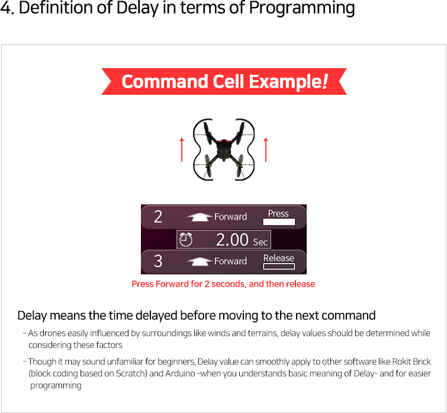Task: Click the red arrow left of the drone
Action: [182, 150]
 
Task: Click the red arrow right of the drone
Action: [266, 150]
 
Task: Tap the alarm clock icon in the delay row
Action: [185, 239]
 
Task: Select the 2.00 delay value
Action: [232, 239]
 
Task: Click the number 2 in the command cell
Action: [158, 217]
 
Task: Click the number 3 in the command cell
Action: [158, 261]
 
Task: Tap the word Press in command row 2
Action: [278, 214]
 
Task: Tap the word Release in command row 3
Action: [278, 258]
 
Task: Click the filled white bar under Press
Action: [279, 222]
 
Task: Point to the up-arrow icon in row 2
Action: [200, 217]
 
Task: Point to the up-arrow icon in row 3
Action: [200, 261]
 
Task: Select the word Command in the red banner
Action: [165, 81]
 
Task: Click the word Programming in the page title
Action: [302, 8]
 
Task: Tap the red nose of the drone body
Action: [224, 142]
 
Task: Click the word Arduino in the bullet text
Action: [180, 373]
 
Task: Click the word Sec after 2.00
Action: [260, 242]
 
